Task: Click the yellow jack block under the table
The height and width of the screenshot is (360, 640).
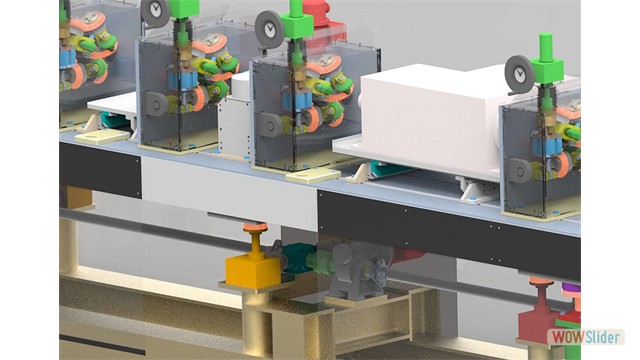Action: point(253,270)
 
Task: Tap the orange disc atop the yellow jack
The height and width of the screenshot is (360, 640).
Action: point(255,227)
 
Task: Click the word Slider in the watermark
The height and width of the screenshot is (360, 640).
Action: point(603,337)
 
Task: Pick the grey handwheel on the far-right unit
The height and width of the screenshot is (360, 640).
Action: point(519,75)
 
